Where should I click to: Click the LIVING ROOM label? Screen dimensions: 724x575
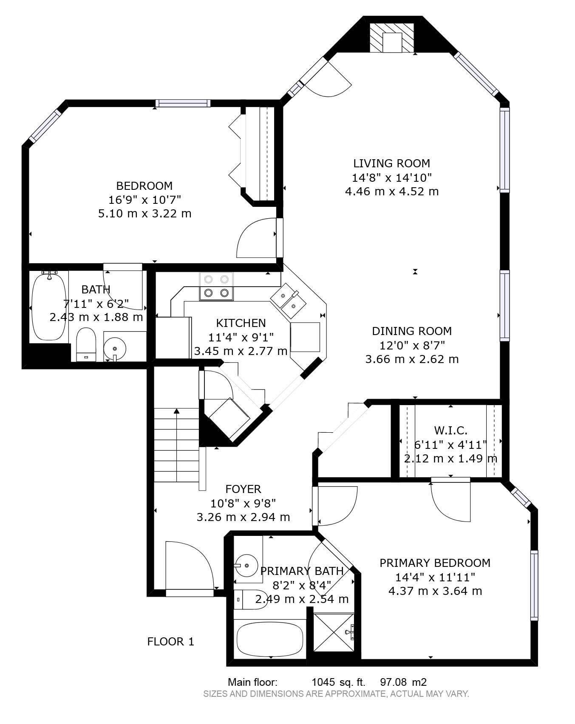click(x=391, y=163)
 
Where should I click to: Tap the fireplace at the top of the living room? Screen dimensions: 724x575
click(x=391, y=38)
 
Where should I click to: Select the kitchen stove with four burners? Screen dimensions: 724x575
click(x=216, y=286)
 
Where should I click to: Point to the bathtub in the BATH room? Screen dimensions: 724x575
click(x=49, y=306)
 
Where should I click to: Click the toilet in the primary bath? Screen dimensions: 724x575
click(x=251, y=600)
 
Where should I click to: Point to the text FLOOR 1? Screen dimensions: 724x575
click(x=170, y=642)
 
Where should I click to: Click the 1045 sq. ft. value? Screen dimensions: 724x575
click(x=338, y=682)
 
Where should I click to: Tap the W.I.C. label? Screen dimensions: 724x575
click(x=450, y=431)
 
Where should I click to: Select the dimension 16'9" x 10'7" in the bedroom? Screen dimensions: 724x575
click(x=145, y=200)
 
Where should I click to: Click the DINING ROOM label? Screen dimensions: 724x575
click(x=412, y=331)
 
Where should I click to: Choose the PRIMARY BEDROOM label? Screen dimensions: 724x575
click(x=435, y=563)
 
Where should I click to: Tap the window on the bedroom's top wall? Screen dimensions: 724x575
click(x=183, y=103)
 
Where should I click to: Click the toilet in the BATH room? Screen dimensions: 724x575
click(x=87, y=343)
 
